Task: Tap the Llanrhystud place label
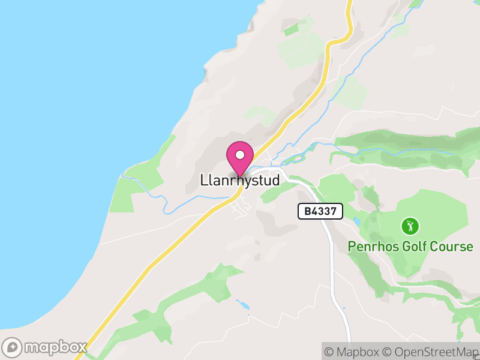pos(240,180)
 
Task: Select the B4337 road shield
pos(320,211)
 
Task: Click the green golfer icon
pos(410,226)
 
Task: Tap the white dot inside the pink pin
pos(240,154)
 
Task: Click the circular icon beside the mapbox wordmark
pos(13,347)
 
